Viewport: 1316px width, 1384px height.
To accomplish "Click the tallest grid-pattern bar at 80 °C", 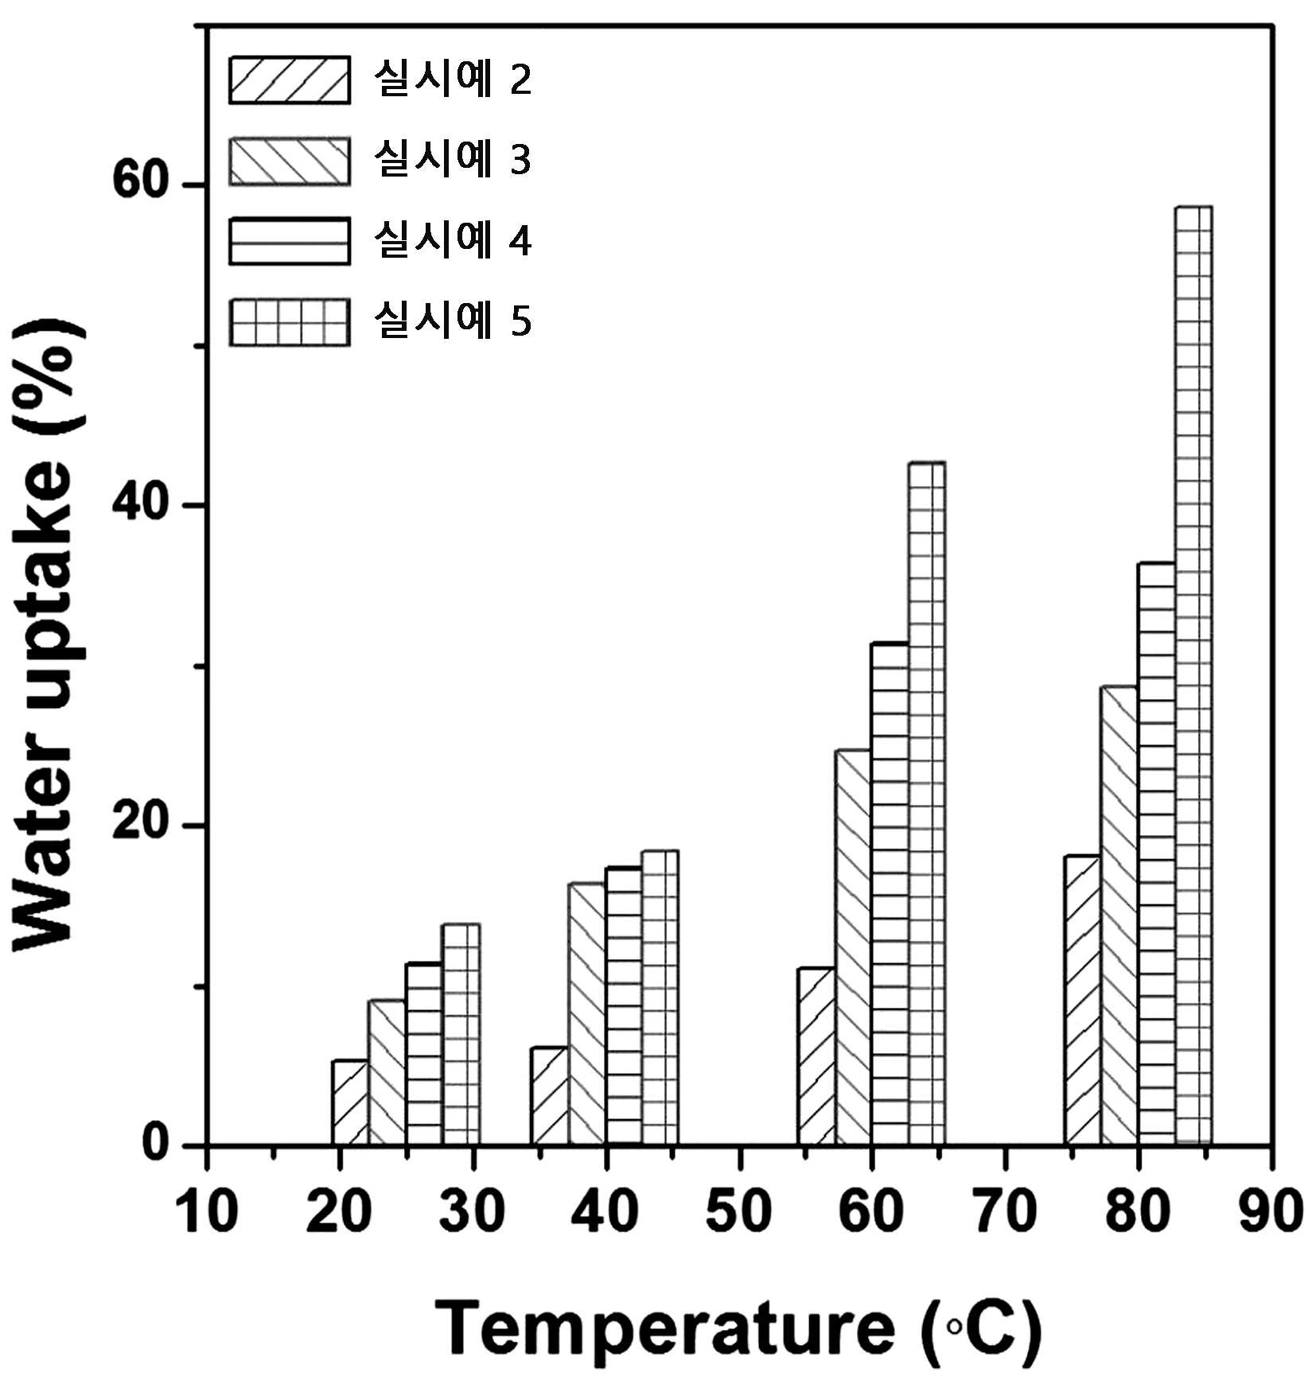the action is click(x=1193, y=675).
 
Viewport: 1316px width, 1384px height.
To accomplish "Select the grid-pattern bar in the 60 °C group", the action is click(x=927, y=803).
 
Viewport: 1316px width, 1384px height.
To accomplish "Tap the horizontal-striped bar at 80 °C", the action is click(x=1156, y=853).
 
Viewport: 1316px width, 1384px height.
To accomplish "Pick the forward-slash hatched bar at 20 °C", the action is click(x=350, y=1102).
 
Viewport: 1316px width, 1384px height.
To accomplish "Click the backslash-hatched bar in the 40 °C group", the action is click(x=586, y=1014).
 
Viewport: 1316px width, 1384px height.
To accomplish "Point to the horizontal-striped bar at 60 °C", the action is click(x=890, y=893).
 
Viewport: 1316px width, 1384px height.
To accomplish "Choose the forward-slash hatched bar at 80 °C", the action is click(x=1082, y=1000).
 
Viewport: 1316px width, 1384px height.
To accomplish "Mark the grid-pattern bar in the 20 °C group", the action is click(x=461, y=1034).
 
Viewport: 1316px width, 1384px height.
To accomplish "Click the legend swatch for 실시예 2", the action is click(x=290, y=80).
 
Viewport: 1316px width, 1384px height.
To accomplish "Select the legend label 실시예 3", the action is click(x=453, y=158).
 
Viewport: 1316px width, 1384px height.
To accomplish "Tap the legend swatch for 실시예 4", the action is click(x=290, y=241).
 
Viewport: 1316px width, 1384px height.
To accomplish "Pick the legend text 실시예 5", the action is click(x=453, y=320).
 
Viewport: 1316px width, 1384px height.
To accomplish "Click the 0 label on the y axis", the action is click(x=157, y=1143).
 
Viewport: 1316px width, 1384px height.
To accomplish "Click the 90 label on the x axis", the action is click(x=1271, y=1212).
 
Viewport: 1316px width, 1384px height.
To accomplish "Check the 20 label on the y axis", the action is click(x=142, y=823).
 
